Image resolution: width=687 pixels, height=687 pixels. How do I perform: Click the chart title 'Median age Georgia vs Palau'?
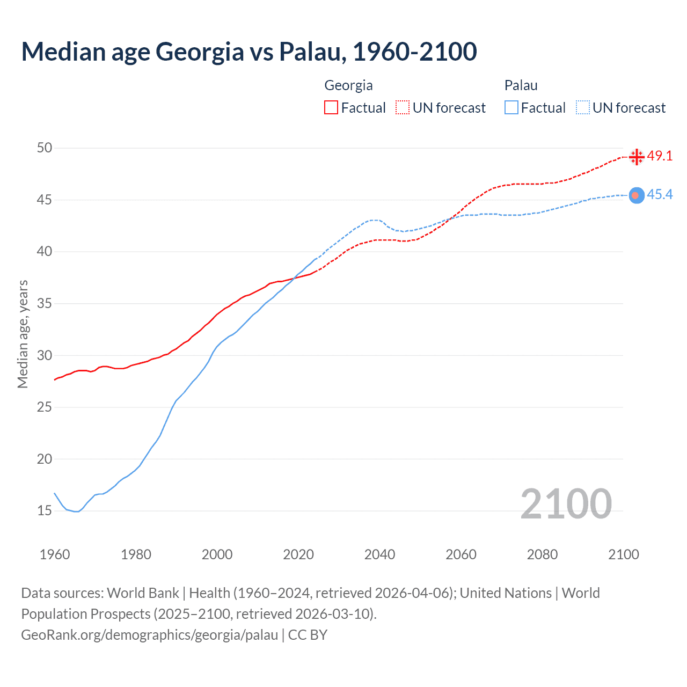tap(249, 52)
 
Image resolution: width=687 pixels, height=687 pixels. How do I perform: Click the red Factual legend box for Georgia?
tap(331, 108)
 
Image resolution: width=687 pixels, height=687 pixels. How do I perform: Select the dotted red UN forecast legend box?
tap(403, 108)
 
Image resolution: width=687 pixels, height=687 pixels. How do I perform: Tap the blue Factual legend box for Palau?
tap(511, 108)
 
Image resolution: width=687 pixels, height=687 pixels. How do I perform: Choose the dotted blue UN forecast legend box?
tap(583, 108)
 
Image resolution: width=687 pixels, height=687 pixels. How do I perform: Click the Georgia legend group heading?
tap(348, 85)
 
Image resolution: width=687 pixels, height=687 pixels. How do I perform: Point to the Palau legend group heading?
tap(521, 85)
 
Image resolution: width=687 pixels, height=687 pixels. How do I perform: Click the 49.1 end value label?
tap(660, 156)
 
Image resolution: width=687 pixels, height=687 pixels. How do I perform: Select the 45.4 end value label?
tap(660, 195)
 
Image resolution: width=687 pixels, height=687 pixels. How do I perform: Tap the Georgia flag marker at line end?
tap(637, 157)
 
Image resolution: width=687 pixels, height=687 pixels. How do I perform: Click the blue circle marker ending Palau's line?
tap(636, 195)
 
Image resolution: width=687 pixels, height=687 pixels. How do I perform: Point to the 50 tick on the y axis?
tap(45, 148)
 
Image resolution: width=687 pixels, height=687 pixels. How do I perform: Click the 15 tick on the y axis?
tap(45, 510)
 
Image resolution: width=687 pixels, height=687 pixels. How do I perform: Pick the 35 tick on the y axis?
tap(45, 303)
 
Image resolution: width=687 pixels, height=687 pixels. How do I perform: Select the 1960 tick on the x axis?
tap(55, 554)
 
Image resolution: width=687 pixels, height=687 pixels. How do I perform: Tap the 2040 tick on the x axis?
tap(379, 554)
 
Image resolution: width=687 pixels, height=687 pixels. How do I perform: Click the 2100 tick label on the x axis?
tap(624, 554)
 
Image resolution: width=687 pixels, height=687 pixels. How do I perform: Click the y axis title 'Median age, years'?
tap(23, 334)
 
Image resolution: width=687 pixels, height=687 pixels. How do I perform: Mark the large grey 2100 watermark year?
tap(566, 504)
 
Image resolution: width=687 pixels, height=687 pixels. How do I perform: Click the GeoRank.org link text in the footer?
tap(149, 635)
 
